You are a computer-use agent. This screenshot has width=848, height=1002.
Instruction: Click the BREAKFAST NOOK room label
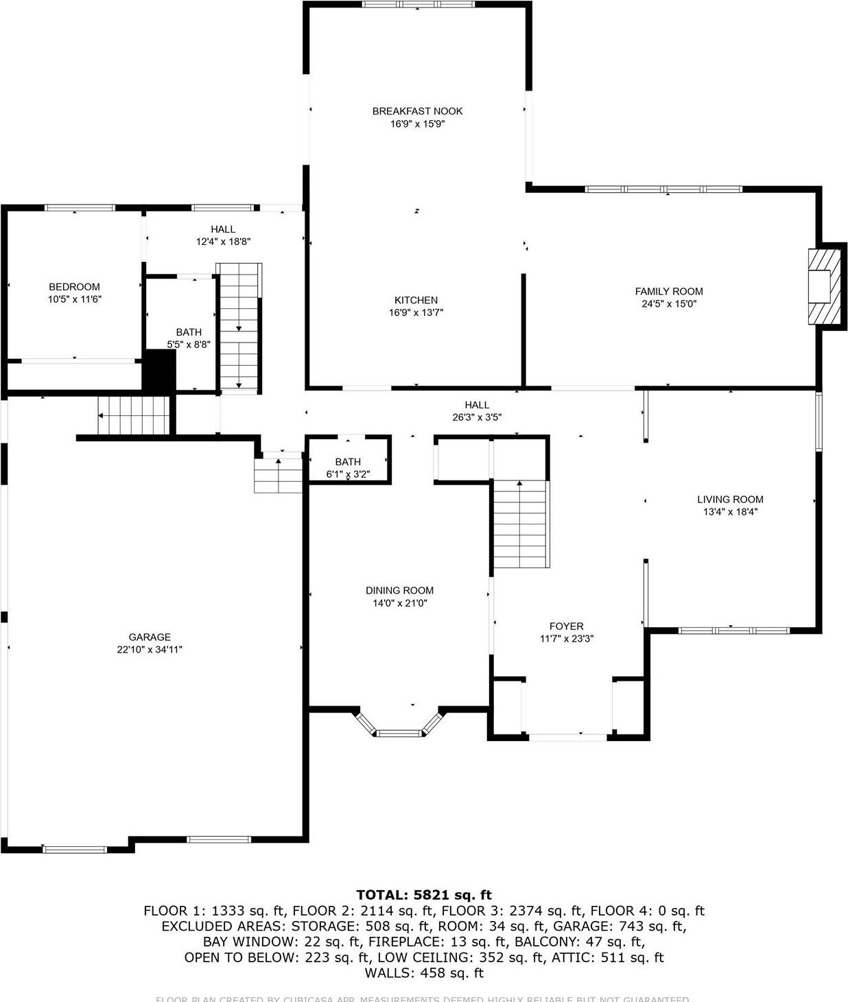pos(417,111)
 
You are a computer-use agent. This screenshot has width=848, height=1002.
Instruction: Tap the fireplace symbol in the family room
pos(825,286)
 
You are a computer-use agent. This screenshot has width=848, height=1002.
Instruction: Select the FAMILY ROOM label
pos(668,292)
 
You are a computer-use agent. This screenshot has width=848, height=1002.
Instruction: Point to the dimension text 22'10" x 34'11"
pos(150,649)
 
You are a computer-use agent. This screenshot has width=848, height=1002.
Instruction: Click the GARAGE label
pos(150,637)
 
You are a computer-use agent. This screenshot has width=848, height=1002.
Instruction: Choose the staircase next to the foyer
pos(521,524)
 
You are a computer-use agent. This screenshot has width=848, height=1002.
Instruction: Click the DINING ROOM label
pos(399,590)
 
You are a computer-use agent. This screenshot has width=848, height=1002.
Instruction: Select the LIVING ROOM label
pos(730,500)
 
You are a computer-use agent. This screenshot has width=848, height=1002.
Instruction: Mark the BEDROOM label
pos(74,287)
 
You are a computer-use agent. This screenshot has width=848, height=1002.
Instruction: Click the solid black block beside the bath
pos(159,371)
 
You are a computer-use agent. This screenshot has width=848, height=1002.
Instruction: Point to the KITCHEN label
pos(416,300)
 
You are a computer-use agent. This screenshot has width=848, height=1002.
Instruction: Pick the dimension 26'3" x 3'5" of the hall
pos(477,417)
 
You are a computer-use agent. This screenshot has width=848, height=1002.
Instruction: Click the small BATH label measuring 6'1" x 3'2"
pos(348,462)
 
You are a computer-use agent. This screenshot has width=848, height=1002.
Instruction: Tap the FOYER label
pos(566,626)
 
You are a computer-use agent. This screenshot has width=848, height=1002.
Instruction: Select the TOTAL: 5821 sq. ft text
pos(424,895)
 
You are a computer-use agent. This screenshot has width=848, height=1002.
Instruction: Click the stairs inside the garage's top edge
pos(134,416)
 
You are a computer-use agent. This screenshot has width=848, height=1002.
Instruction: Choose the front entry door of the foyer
pos(567,737)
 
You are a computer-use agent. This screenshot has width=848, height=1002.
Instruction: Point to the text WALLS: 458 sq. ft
pos(424,973)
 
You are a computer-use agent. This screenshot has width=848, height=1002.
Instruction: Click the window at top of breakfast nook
pos(418,4)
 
